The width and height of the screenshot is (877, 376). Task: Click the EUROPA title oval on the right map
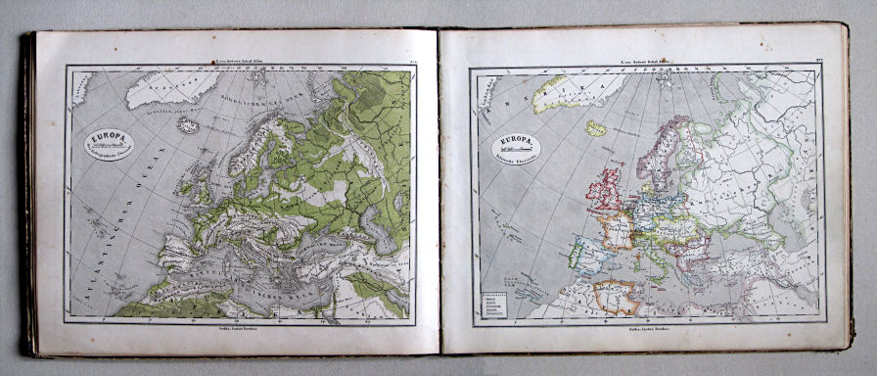click(516, 148)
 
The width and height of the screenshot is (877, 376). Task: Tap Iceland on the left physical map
click(188, 125)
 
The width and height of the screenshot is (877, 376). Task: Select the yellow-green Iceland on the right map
click(595, 127)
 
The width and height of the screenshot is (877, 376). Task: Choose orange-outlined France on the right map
click(619, 231)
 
